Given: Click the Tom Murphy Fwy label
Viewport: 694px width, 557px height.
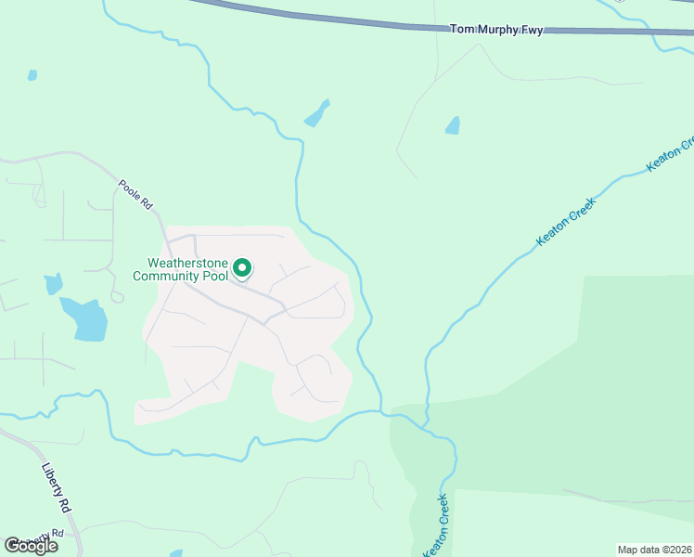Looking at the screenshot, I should (496, 30).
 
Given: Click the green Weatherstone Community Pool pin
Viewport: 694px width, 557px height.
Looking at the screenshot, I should (242, 268).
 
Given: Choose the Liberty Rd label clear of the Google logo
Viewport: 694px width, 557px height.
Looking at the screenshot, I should (57, 488).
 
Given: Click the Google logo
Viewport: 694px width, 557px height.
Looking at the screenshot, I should (32, 546).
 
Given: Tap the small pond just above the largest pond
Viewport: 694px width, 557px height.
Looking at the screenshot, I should (53, 284).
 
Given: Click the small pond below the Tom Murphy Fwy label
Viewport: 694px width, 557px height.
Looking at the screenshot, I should (453, 125).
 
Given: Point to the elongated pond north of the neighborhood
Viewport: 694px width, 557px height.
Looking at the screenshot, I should (316, 114).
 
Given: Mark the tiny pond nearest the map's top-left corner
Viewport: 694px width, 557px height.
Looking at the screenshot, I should (32, 74).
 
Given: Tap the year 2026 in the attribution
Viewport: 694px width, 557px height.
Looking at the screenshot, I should (675, 550).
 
